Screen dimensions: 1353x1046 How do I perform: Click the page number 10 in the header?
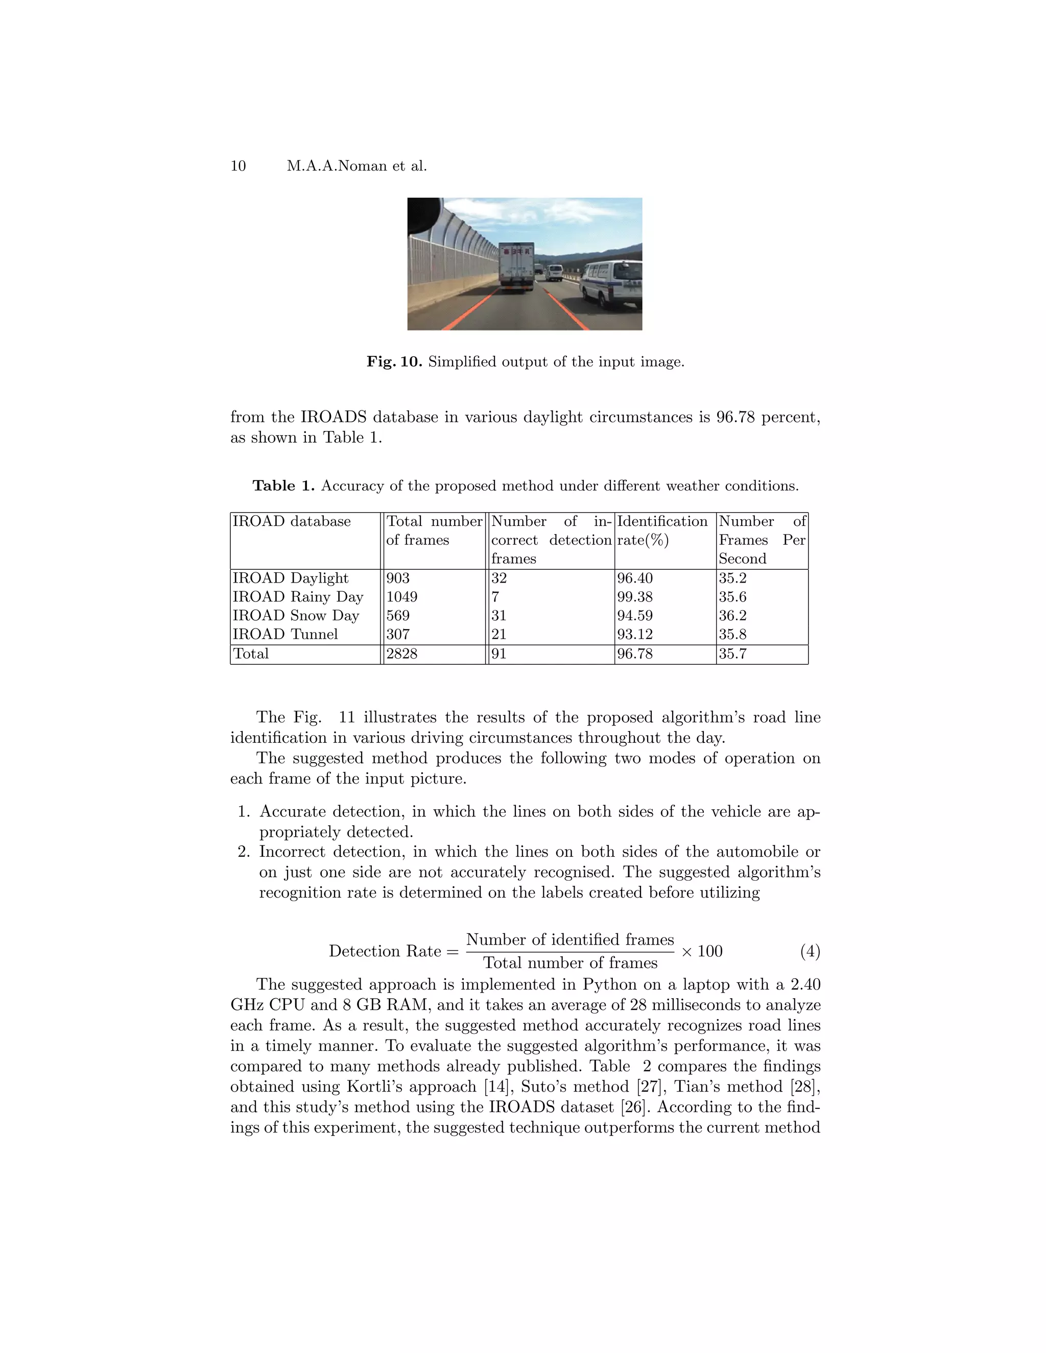pyautogui.click(x=238, y=166)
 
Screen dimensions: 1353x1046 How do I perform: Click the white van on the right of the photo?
pyautogui.click(x=611, y=283)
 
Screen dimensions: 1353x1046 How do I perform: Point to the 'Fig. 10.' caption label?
pyautogui.click(x=394, y=362)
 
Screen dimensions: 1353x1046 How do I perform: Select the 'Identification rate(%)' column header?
pyautogui.click(x=662, y=530)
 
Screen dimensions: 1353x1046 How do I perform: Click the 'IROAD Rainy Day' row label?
pyautogui.click(x=297, y=597)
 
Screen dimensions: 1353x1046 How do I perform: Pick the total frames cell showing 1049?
pyautogui.click(x=401, y=597)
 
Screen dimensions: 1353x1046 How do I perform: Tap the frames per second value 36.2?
pyautogui.click(x=732, y=616)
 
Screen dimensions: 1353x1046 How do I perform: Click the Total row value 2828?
pyautogui.click(x=401, y=654)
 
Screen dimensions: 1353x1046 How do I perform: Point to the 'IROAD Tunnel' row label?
pyautogui.click(x=285, y=634)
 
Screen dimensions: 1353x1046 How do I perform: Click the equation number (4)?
pyautogui.click(x=810, y=951)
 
